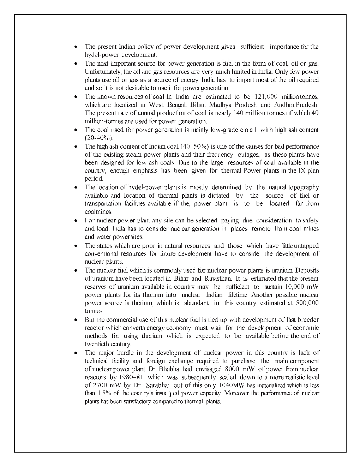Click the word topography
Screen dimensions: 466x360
(x=304, y=187)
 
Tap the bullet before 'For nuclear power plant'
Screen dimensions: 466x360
(x=76, y=221)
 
